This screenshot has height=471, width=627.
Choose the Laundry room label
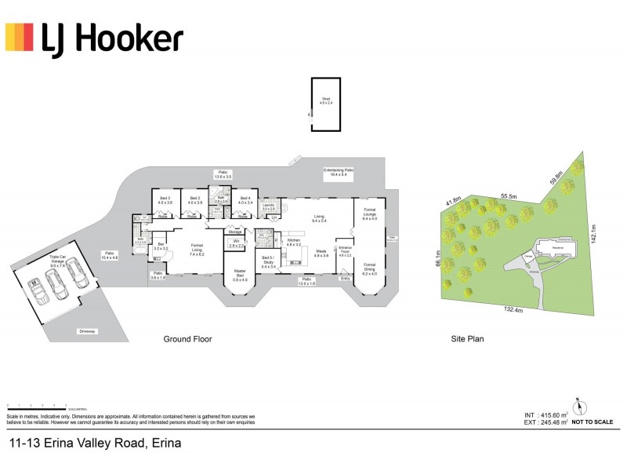pos(268,206)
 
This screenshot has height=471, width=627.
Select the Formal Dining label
pos(370,268)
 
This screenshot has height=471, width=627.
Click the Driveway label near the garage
pos(87,331)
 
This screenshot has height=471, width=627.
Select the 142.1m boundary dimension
pos(594,233)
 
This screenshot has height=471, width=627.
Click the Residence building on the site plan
pos(556,247)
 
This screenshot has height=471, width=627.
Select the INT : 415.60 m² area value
pos(546,414)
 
